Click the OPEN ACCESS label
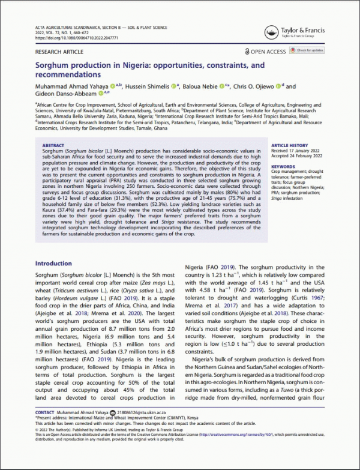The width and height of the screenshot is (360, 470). click(x=268, y=52)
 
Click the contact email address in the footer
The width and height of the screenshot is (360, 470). click(x=146, y=413)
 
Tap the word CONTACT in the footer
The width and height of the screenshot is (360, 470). click(x=44, y=413)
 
